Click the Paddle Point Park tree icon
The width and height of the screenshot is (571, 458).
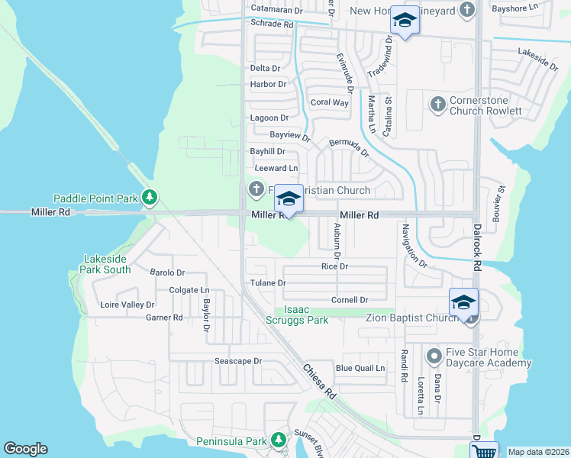[x=150, y=198]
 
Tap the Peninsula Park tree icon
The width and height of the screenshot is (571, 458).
[x=279, y=440]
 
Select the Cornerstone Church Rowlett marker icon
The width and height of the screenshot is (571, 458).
[x=437, y=104]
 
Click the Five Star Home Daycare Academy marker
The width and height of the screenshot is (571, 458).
[x=434, y=356]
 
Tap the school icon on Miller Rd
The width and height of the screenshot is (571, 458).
[x=288, y=199]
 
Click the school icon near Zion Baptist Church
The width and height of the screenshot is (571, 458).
[x=463, y=302]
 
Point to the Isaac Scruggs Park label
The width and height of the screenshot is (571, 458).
[x=306, y=314]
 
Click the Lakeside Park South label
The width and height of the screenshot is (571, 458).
[x=105, y=264]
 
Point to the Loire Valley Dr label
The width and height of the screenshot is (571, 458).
[x=127, y=305]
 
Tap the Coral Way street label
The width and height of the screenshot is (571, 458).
[x=329, y=102]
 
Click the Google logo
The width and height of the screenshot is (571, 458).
[x=25, y=449]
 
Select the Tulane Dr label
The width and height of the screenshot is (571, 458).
[x=268, y=282]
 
